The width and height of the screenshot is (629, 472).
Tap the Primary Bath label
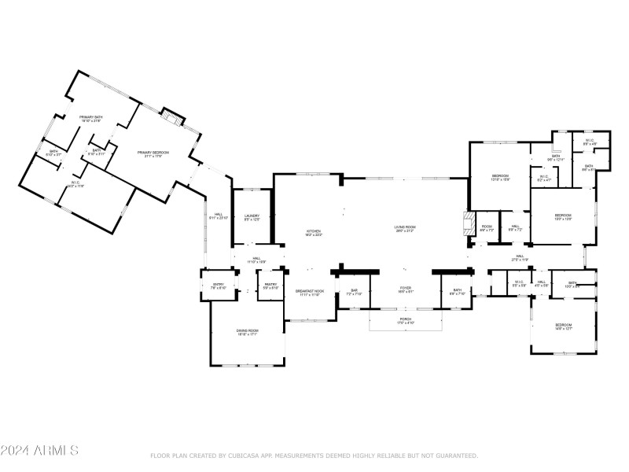(x=91, y=119)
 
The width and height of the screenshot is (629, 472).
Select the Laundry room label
(x=252, y=217)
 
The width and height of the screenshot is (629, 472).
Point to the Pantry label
(x=270, y=286)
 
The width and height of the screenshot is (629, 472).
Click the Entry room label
(x=218, y=286)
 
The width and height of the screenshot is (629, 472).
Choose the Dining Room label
(x=248, y=332)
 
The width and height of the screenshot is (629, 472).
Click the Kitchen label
(x=314, y=232)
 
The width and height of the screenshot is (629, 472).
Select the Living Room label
(x=405, y=229)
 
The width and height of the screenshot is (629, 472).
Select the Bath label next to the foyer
(x=456, y=292)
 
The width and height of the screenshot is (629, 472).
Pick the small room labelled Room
(x=487, y=227)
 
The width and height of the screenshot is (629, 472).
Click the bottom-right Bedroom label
(x=565, y=326)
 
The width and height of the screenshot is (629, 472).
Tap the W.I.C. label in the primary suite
(x=76, y=183)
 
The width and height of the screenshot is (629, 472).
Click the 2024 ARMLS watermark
(x=39, y=451)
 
